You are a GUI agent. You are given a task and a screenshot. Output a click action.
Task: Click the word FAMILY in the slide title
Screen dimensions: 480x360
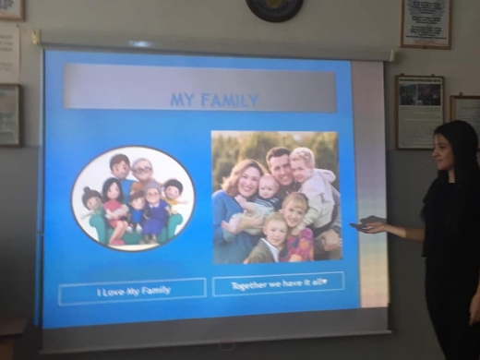[x=229, y=101]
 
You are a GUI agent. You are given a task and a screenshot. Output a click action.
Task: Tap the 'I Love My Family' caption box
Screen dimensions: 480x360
[x=132, y=291]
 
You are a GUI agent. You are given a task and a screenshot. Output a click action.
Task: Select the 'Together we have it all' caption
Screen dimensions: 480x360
[x=278, y=283]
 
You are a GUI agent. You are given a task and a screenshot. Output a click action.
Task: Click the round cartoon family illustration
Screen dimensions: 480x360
[x=133, y=198]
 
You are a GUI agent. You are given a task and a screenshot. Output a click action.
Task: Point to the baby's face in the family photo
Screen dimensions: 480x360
[x=268, y=188]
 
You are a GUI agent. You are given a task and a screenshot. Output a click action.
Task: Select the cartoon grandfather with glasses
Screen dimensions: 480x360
[x=143, y=173]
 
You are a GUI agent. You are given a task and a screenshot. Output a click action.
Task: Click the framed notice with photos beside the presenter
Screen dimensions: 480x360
[x=420, y=112]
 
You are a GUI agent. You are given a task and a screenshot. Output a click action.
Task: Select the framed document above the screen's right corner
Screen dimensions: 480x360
[x=426, y=24]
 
